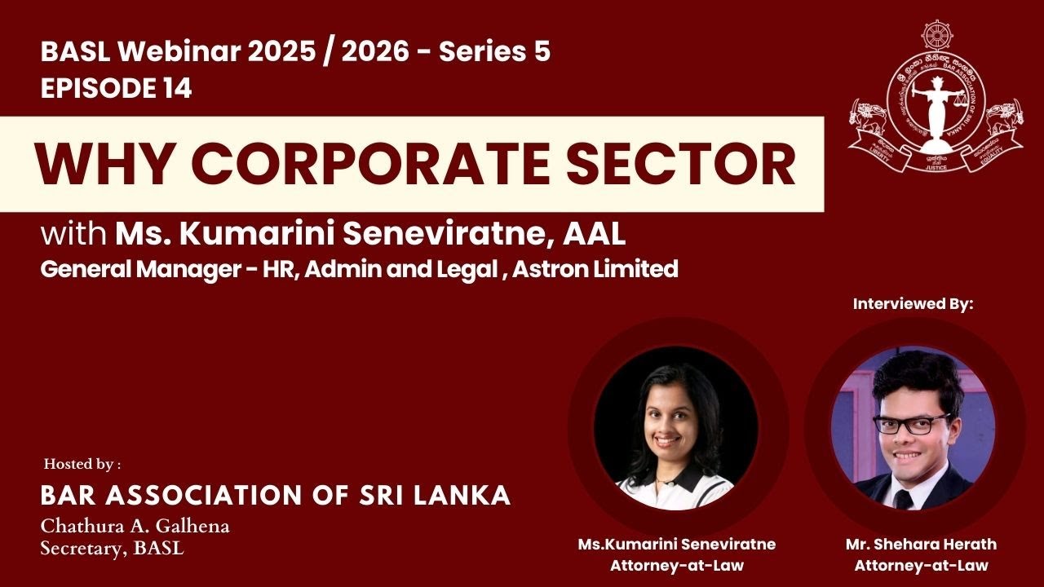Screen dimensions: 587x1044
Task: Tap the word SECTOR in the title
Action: pyautogui.click(x=679, y=165)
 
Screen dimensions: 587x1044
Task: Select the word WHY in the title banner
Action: pyautogui.click(x=106, y=165)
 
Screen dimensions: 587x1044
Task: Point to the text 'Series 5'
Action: pyautogui.click(x=494, y=52)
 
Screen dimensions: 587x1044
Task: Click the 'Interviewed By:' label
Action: pyautogui.click(x=913, y=304)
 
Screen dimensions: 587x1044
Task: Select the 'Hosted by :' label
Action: pyautogui.click(x=82, y=465)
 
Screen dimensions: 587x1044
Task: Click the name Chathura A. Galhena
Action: pyautogui.click(x=135, y=527)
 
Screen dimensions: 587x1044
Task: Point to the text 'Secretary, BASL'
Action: pyautogui.click(x=112, y=549)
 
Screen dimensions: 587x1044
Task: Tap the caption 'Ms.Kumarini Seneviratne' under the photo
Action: pyautogui.click(x=676, y=545)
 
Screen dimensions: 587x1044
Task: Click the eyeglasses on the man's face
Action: pyautogui.click(x=911, y=424)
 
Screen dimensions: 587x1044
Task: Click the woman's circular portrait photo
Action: pyautogui.click(x=676, y=428)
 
